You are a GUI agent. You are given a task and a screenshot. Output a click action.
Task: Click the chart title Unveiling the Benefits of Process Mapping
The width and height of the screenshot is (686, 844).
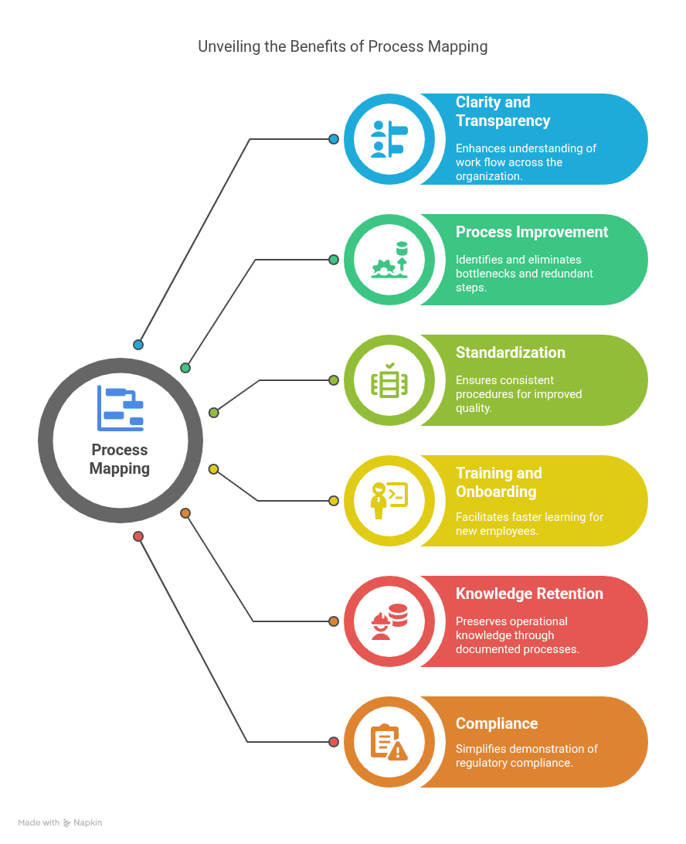click(x=342, y=46)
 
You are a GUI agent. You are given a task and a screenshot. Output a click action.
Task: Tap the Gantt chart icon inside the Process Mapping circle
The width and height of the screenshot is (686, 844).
click(x=121, y=408)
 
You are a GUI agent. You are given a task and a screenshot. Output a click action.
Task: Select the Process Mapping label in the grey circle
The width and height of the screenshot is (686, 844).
click(x=120, y=459)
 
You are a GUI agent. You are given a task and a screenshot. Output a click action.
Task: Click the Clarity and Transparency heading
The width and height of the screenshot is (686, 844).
click(x=503, y=111)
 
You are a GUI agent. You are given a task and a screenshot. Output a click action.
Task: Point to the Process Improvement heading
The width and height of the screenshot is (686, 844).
click(x=531, y=232)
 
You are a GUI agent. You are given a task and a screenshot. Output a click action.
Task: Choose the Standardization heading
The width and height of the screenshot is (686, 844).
click(x=511, y=352)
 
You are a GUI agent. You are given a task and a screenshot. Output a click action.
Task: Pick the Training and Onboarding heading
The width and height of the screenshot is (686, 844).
click(x=499, y=482)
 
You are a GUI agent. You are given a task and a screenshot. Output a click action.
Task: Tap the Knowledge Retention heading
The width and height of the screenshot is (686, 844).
click(x=529, y=594)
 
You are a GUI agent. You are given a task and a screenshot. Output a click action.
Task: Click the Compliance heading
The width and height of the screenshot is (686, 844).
click(x=497, y=723)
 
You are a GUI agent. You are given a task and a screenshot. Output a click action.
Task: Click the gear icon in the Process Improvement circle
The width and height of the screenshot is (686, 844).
click(x=384, y=267)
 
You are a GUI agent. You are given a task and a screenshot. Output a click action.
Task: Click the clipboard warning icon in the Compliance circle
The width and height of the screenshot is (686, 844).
click(x=389, y=742)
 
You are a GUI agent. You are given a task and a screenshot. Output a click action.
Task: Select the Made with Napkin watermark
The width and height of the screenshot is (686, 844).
click(x=60, y=823)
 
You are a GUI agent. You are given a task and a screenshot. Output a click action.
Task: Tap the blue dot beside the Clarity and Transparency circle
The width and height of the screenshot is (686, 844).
click(x=334, y=139)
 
